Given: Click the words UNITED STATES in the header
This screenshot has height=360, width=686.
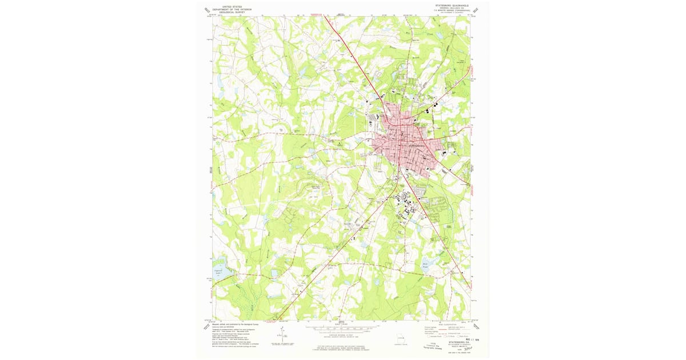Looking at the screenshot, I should click(232, 7).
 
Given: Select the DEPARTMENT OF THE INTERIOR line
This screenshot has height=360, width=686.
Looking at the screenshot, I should click(232, 10).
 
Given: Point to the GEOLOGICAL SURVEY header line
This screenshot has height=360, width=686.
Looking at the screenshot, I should click(232, 13).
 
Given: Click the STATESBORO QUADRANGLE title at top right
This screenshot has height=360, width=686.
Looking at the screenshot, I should click(451, 5).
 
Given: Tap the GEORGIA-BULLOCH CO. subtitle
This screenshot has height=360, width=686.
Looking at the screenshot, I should click(451, 8).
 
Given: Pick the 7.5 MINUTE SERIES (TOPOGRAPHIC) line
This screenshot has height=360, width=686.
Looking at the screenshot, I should click(451, 10).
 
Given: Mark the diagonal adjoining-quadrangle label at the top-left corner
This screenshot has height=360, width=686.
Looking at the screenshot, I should click(206, 10).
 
